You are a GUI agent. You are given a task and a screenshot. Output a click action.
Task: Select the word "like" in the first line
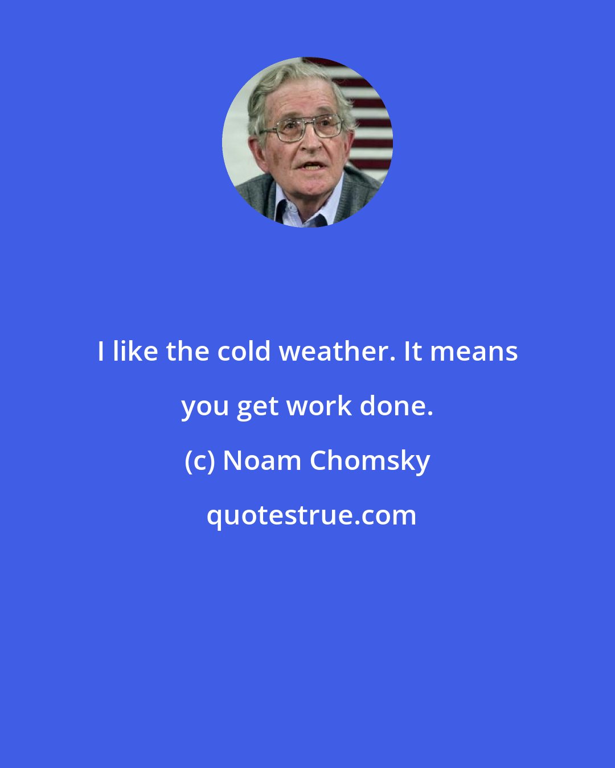[x=135, y=352]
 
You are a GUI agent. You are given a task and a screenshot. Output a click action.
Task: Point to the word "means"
[x=474, y=352]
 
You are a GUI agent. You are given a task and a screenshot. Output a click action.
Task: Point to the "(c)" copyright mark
[x=200, y=461]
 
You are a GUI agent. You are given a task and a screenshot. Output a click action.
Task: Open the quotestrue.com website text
[x=311, y=515]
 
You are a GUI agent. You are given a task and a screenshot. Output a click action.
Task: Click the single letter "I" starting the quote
[x=101, y=352]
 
